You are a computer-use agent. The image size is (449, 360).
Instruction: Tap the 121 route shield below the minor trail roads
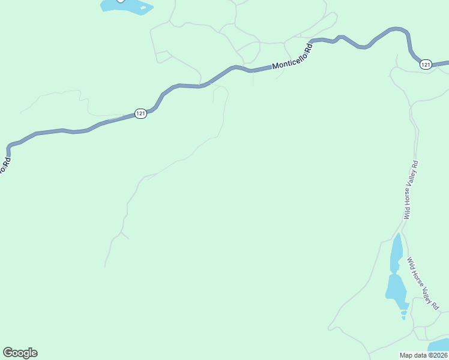(140, 113)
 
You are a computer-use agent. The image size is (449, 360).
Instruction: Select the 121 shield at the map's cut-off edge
(426, 64)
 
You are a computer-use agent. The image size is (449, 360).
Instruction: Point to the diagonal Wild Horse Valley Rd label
(423, 283)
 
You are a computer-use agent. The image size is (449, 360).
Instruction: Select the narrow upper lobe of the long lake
(396, 252)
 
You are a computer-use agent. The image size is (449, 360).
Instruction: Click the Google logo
(20, 353)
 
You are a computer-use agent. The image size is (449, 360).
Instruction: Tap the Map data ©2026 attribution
(424, 355)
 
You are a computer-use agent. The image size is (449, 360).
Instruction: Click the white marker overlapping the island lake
(121, 1)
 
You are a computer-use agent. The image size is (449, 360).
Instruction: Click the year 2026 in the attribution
(439, 355)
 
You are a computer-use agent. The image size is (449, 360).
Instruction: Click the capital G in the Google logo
(8, 353)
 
